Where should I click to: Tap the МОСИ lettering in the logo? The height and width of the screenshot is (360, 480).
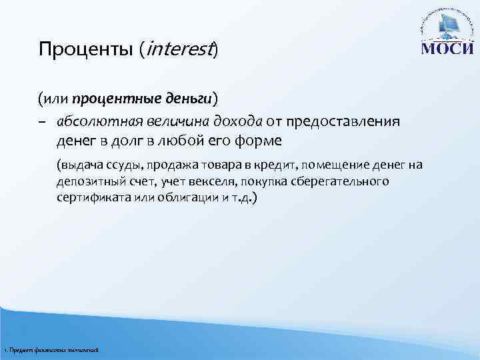click(x=447, y=49)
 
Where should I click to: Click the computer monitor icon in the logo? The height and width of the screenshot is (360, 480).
click(x=448, y=27)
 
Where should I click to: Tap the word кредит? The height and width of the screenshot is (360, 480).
click(x=284, y=165)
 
